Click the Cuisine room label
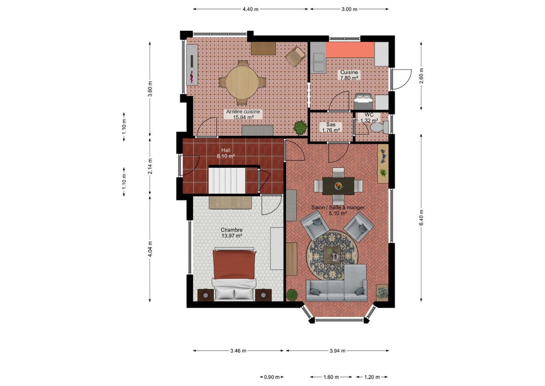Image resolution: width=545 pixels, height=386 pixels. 349,72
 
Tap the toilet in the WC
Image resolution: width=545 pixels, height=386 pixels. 379,127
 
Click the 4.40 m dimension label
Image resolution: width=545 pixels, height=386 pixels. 251,9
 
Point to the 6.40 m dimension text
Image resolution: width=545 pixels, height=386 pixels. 421,217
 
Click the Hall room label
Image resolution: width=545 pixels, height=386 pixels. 226,150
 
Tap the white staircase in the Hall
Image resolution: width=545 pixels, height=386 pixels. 227,180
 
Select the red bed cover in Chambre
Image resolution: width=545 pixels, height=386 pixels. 234,264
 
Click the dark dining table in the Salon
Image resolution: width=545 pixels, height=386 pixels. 338,186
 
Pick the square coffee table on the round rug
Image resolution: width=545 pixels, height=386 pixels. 332,255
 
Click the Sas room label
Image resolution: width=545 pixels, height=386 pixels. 331,124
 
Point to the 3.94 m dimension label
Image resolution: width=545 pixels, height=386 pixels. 337,351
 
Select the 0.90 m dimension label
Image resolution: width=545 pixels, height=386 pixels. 272,377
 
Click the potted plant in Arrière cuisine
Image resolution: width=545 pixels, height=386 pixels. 300,127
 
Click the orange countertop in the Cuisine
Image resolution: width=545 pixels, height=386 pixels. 350,50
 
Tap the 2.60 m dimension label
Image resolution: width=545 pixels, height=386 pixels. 421,76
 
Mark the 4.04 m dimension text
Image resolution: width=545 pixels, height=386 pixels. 150,249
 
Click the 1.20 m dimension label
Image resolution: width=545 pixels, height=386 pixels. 372,377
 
